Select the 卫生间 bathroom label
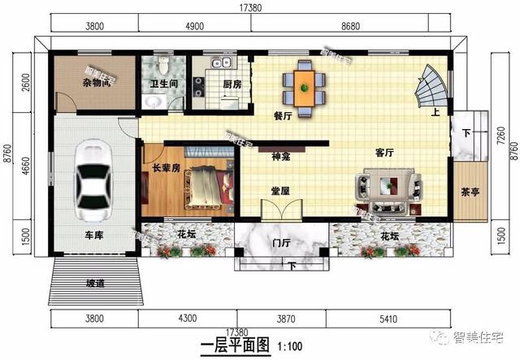tap(164, 83)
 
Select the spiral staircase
tap(431, 89)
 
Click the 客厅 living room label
tap(385, 152)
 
